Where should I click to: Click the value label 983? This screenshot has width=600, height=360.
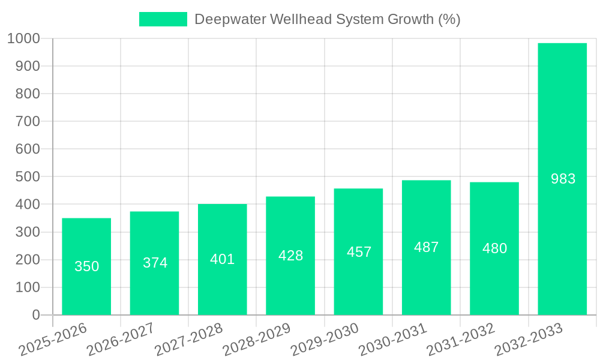click(x=563, y=179)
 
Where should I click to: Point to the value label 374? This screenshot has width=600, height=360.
click(x=155, y=263)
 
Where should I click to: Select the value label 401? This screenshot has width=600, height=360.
click(x=223, y=259)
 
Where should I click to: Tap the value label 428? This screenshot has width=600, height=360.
click(x=290, y=256)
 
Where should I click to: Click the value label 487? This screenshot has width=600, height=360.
click(x=426, y=247)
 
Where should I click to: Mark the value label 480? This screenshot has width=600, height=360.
click(x=494, y=248)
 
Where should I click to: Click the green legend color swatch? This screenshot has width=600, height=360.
click(x=163, y=19)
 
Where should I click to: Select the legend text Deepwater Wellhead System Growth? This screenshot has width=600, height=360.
click(x=327, y=19)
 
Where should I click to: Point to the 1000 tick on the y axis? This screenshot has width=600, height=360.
click(x=24, y=39)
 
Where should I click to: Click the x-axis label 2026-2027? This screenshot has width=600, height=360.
click(x=121, y=340)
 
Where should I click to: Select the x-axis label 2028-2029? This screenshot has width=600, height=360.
click(x=257, y=340)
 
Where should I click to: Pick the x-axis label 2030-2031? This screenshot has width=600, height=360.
click(x=392, y=340)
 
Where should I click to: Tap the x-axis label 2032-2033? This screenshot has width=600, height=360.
click(x=529, y=340)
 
